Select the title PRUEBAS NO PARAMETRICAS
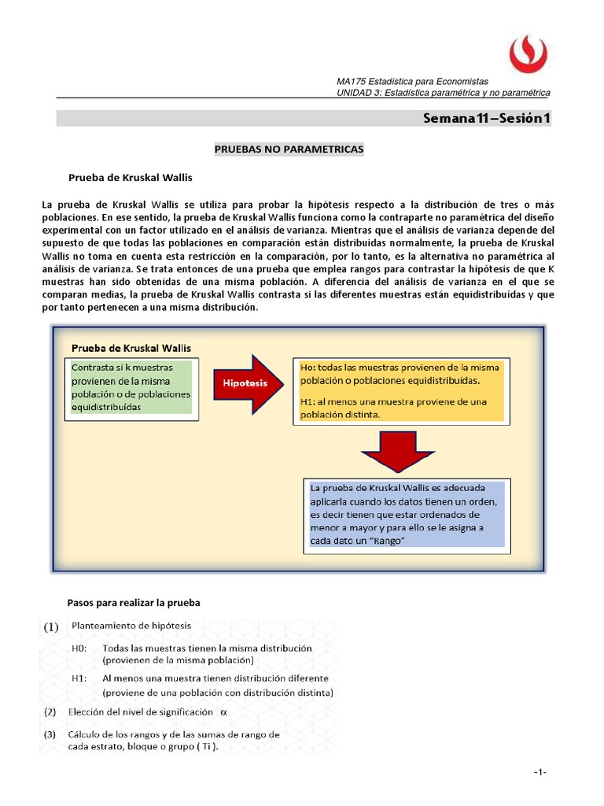[x=289, y=148]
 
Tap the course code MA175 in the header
[x=350, y=82]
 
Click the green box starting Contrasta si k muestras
[x=131, y=388]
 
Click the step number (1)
[x=51, y=627]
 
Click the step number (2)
[x=50, y=712]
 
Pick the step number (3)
[x=50, y=734]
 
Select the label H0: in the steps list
[x=79, y=649]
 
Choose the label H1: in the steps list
[x=79, y=678]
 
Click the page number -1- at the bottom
[x=540, y=773]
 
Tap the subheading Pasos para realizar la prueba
[x=134, y=603]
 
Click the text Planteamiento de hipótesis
[x=131, y=627]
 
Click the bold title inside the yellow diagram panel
[x=131, y=347]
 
